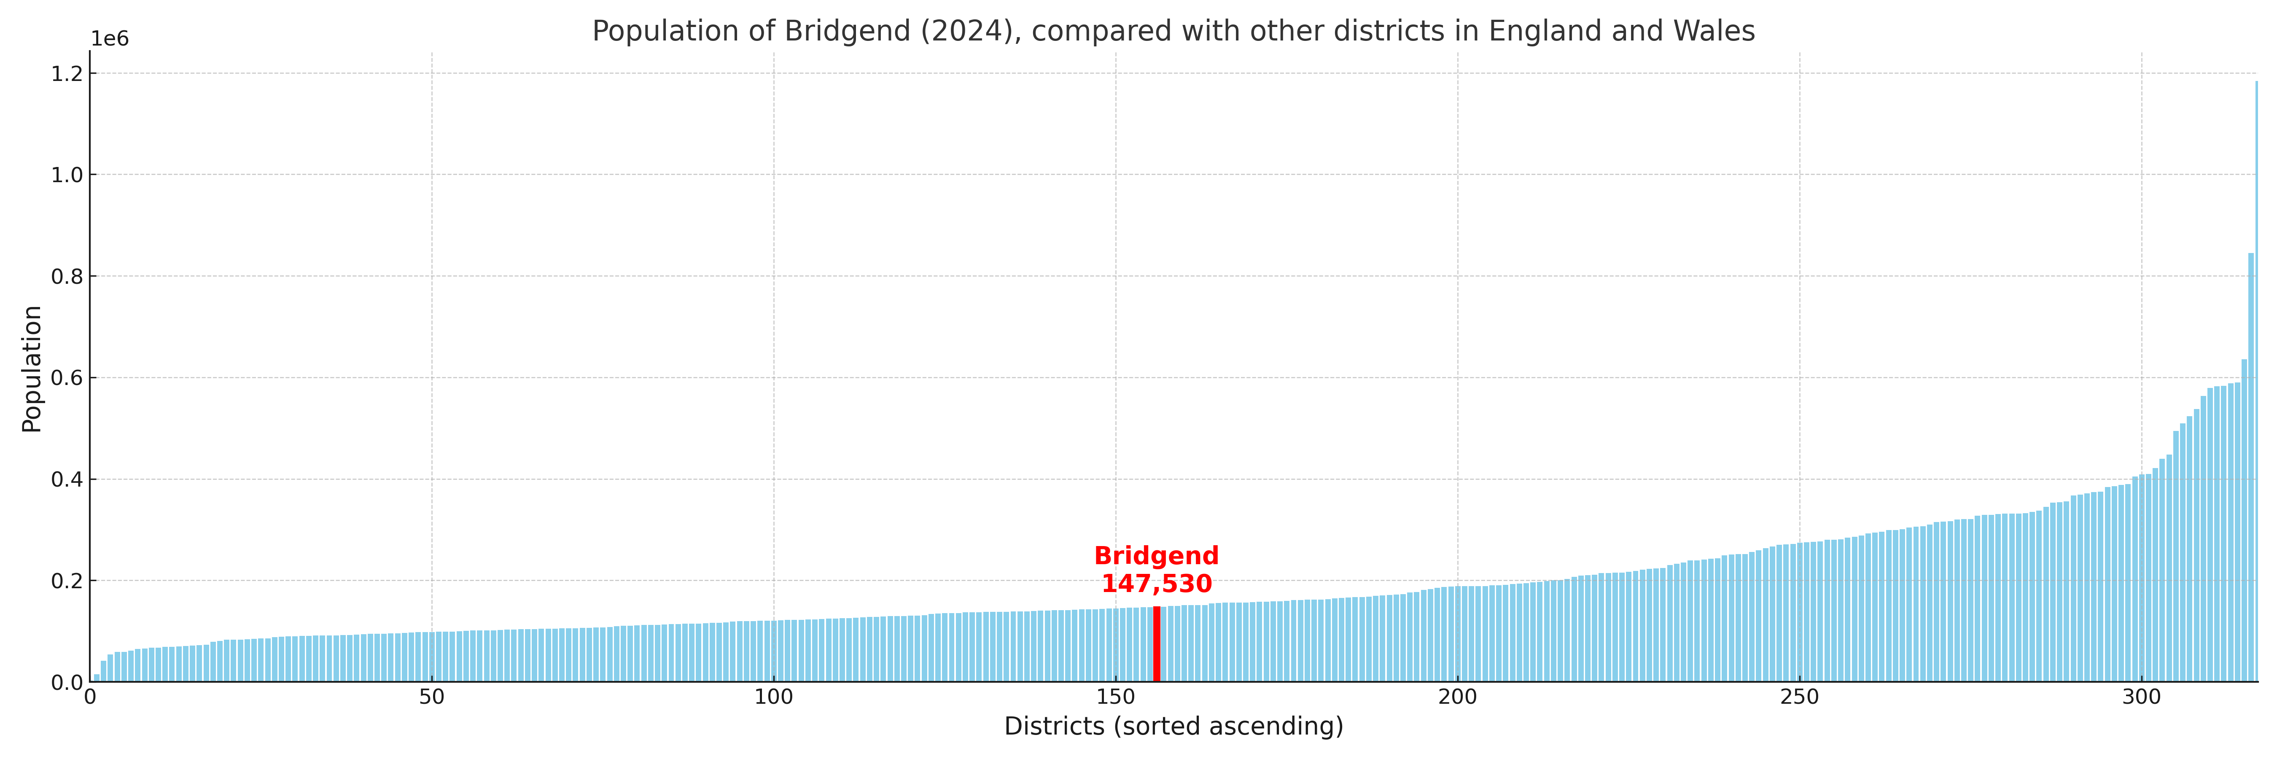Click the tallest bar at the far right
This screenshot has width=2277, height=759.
click(x=2256, y=380)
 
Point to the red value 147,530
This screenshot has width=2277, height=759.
click(x=1156, y=584)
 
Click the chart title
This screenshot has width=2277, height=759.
click(x=1173, y=31)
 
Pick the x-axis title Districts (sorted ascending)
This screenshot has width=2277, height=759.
click(x=1173, y=726)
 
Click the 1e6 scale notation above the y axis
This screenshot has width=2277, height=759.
click(x=110, y=39)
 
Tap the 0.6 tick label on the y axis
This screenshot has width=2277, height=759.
click(x=67, y=378)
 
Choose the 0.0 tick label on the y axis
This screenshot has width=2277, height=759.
click(x=67, y=682)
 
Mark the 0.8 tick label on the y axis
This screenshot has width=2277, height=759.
click(x=67, y=277)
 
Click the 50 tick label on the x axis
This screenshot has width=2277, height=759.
click(x=431, y=697)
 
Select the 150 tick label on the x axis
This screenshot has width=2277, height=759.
click(x=1115, y=697)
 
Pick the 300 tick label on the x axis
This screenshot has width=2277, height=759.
click(x=2141, y=697)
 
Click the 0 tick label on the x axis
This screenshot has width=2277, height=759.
click(x=90, y=697)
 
